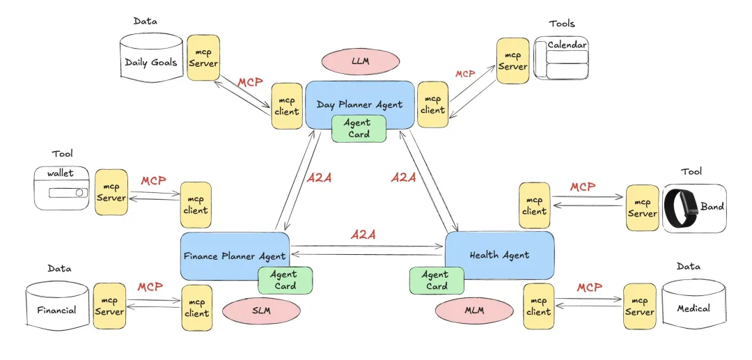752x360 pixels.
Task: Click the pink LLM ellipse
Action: pyautogui.click(x=361, y=61)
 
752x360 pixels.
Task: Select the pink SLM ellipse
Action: pyautogui.click(x=261, y=311)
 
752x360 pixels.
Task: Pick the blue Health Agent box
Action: pyautogui.click(x=499, y=254)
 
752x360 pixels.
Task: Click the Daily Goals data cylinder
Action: pyautogui.click(x=150, y=62)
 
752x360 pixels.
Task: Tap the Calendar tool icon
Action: pyautogui.click(x=561, y=58)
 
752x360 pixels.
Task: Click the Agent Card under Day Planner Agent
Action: pyautogui.click(x=359, y=128)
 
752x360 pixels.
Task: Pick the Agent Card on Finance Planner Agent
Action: pyautogui.click(x=285, y=280)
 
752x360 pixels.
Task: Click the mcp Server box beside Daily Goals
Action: pyautogui.click(x=203, y=58)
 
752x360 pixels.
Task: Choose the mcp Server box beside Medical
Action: pyautogui.click(x=640, y=306)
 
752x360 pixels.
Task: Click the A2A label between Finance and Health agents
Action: pyautogui.click(x=363, y=235)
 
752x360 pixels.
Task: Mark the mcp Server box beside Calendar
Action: pyautogui.click(x=513, y=61)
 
